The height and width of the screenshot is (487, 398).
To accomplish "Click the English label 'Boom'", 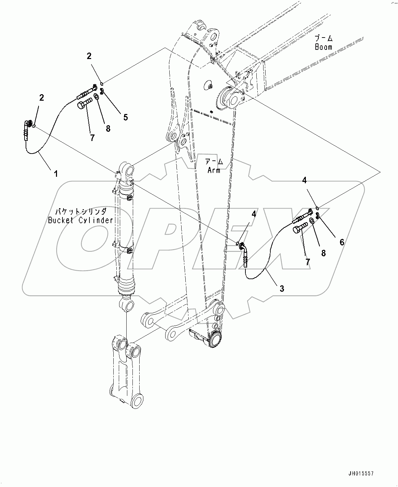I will pos(323,47).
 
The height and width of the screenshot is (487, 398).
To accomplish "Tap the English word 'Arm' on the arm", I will pos(214,170).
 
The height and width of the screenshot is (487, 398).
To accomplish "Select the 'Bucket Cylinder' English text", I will pos(80,220).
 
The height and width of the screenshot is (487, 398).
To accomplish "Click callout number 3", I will pos(282,288).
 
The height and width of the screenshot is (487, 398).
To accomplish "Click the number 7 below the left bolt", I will pos(92,138).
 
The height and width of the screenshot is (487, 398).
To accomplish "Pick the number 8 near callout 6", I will pos(323,253).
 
